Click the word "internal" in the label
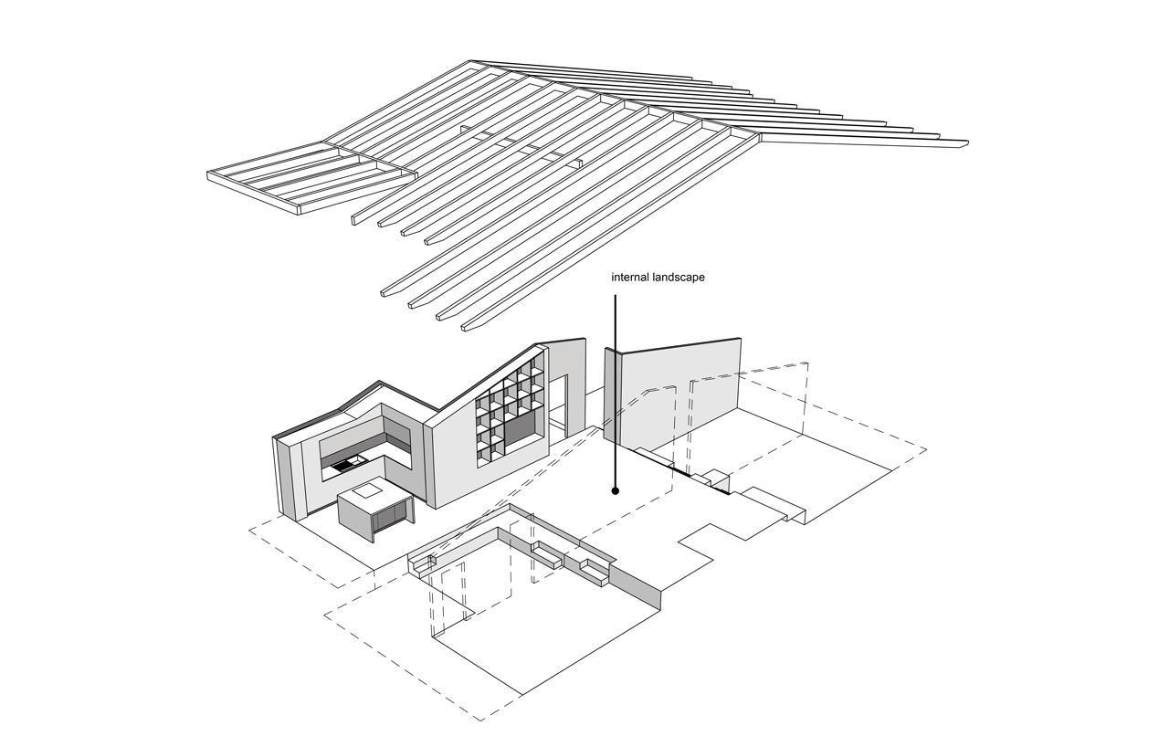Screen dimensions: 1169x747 (x=630, y=277)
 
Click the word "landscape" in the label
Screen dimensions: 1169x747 (x=679, y=278)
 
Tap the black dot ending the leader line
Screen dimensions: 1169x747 (x=616, y=490)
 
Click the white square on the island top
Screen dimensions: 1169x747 (x=367, y=489)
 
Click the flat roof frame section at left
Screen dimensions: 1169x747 (x=311, y=177)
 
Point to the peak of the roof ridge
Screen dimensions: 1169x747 (x=470, y=60)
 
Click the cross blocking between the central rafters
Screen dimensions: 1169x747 (x=521, y=147)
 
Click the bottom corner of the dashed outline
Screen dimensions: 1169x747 (x=481, y=721)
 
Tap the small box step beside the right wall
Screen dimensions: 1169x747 (x=715, y=478)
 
